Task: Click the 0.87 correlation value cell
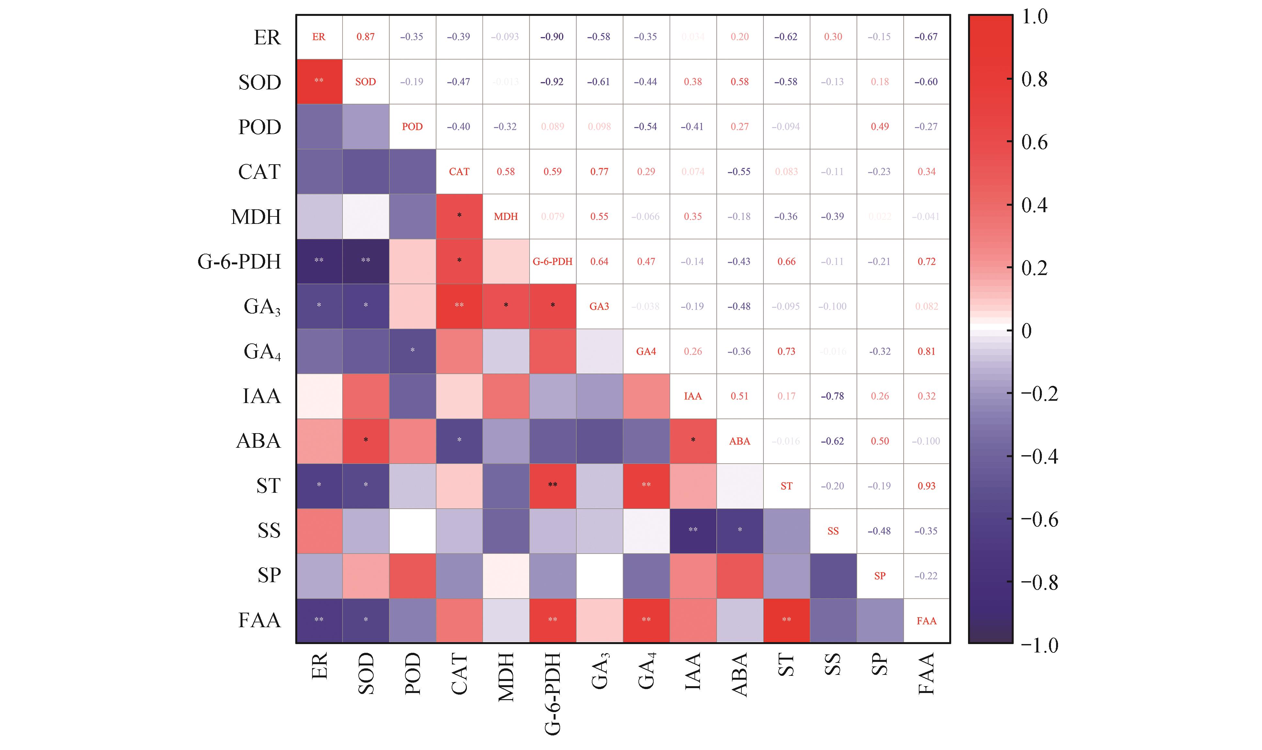click(365, 37)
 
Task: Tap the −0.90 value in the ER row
click(552, 37)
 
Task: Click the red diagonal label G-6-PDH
click(552, 262)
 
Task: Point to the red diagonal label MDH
click(505, 217)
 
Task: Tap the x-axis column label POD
click(412, 673)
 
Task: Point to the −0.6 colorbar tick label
click(1039, 520)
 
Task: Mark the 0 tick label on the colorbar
click(1026, 331)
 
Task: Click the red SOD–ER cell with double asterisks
click(319, 81)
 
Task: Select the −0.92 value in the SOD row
click(552, 82)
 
